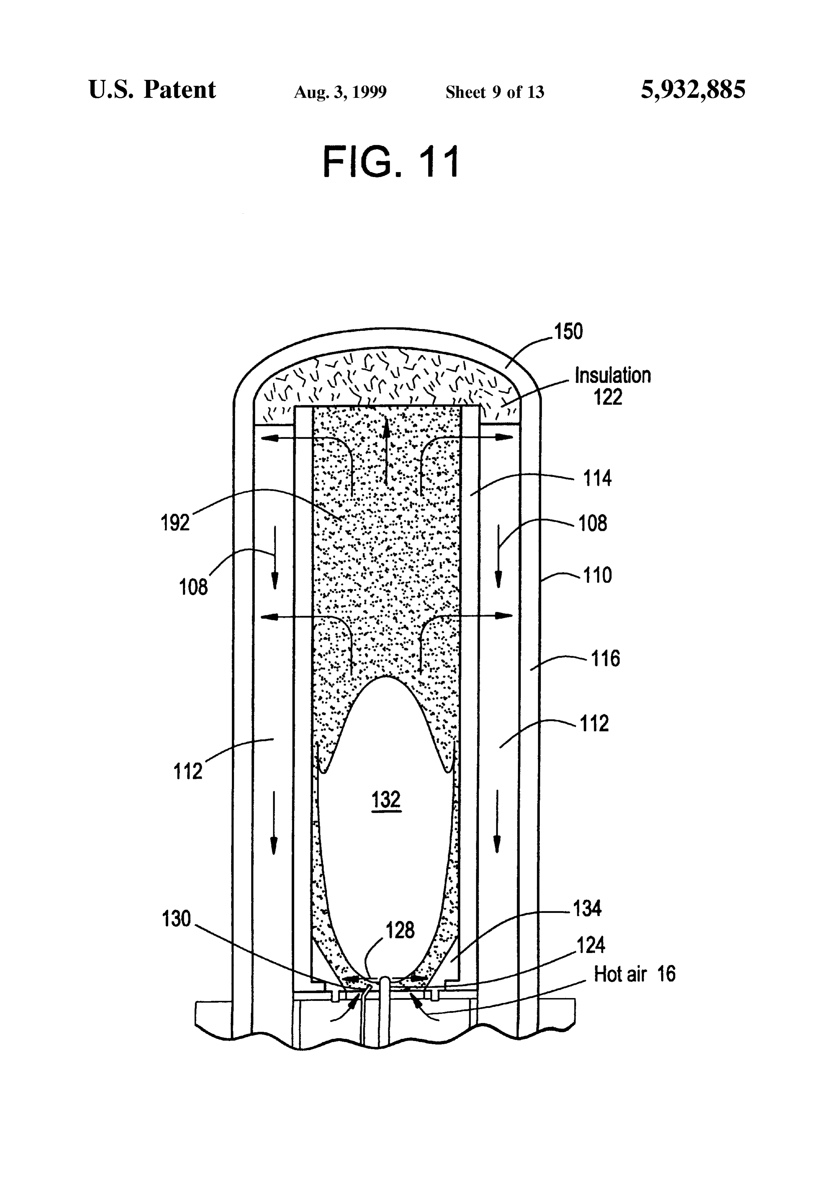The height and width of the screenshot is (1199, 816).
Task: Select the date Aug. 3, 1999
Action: click(x=340, y=92)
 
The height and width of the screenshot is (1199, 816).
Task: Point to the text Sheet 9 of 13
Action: click(x=495, y=92)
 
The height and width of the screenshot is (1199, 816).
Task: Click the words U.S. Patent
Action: click(x=152, y=90)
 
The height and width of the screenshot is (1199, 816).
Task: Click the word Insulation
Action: click(x=613, y=376)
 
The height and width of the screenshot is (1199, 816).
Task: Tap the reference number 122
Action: click(x=608, y=397)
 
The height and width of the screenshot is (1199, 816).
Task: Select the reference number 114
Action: click(x=597, y=479)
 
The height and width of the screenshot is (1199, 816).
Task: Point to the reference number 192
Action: click(x=176, y=523)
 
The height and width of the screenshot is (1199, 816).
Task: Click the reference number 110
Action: click(x=597, y=575)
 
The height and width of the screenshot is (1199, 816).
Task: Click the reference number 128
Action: click(x=400, y=930)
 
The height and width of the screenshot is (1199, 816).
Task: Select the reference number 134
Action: click(x=587, y=908)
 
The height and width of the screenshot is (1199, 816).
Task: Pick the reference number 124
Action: click(x=590, y=945)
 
